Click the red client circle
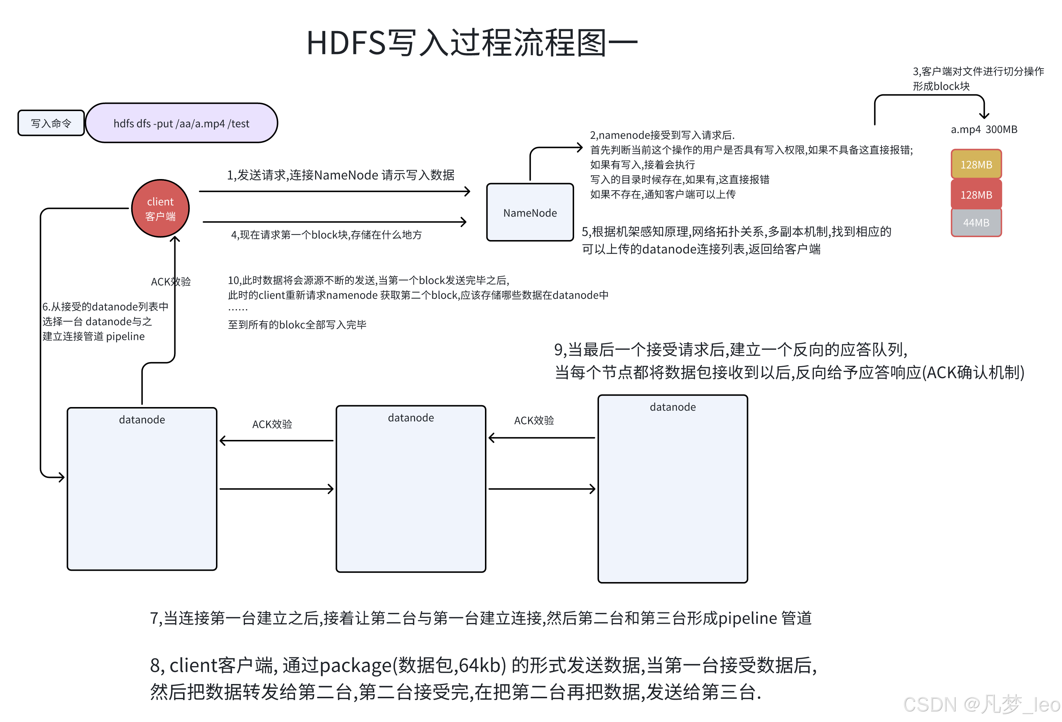click(160, 208)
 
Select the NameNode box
click(530, 213)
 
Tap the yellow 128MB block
click(976, 164)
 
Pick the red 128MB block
click(976, 195)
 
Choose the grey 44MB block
click(976, 223)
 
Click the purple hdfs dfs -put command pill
click(181, 123)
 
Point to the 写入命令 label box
click(51, 123)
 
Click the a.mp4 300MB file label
click(983, 129)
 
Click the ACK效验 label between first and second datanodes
click(272, 424)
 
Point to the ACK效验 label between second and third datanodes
click(534, 421)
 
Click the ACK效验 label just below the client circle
click(170, 281)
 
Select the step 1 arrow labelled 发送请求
click(334, 191)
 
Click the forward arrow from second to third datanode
click(542, 489)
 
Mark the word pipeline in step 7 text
click(748, 618)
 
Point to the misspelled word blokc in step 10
click(292, 324)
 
